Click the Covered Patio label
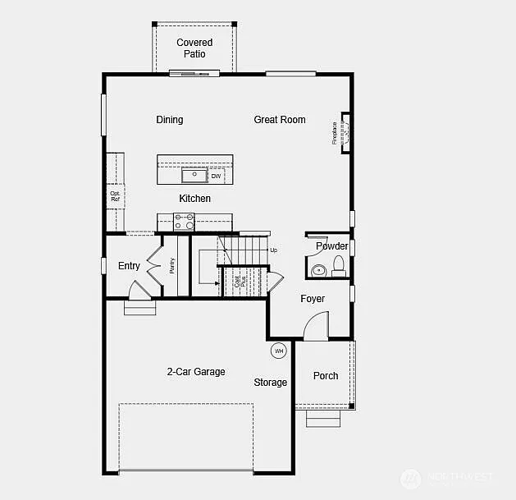[x=194, y=48]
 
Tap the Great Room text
[x=279, y=120]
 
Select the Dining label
[x=170, y=120]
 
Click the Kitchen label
[x=195, y=199]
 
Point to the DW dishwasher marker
[x=216, y=176]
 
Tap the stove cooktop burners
[x=184, y=221]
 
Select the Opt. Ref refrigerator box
[x=115, y=196]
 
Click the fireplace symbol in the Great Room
[x=345, y=132]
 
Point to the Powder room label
[x=331, y=246]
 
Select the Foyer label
[x=313, y=299]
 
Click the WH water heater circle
[x=279, y=351]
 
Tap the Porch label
[x=326, y=376]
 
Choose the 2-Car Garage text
[x=196, y=372]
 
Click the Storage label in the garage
[x=270, y=383]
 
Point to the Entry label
[x=129, y=266]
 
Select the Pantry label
[x=172, y=265]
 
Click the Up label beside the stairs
[x=274, y=250]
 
